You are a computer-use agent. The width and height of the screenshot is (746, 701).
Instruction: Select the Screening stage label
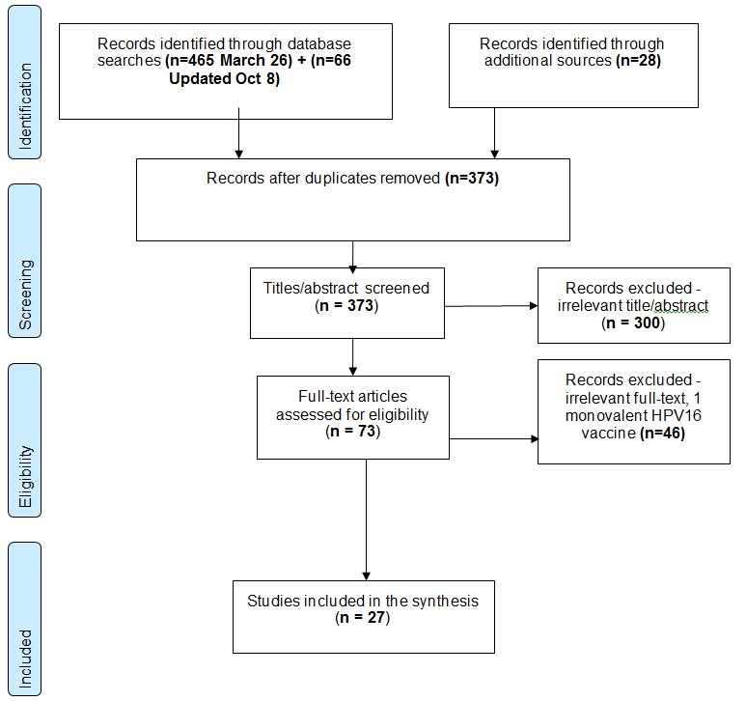click(x=26, y=260)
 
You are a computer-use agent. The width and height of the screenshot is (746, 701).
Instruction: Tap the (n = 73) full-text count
click(x=352, y=432)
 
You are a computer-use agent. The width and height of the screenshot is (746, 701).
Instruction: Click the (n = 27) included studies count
click(x=362, y=617)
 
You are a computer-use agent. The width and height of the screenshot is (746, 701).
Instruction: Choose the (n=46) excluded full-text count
click(x=654, y=435)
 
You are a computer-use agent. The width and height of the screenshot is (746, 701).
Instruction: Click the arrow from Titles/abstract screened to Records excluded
click(x=492, y=306)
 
